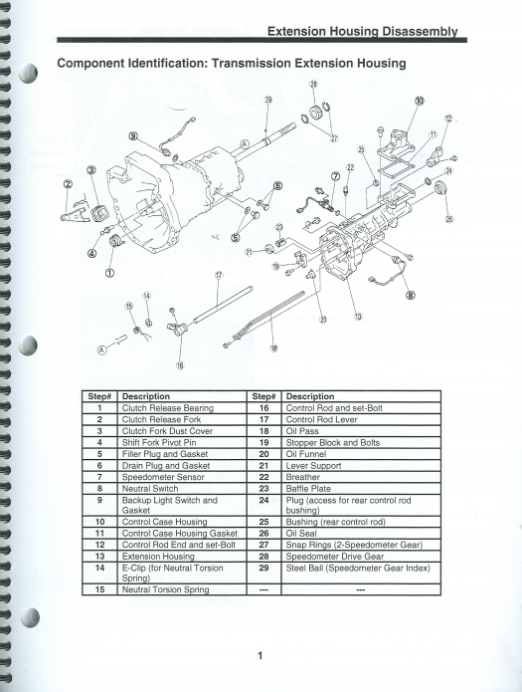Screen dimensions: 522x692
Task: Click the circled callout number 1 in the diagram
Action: pyautogui.click(x=109, y=273)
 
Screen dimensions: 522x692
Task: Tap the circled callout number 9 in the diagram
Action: pyautogui.click(x=133, y=136)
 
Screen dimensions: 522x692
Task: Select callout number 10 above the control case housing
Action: pyautogui.click(x=420, y=101)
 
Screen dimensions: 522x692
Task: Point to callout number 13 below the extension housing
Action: pyautogui.click(x=358, y=317)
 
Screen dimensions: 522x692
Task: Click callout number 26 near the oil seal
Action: pyautogui.click(x=449, y=218)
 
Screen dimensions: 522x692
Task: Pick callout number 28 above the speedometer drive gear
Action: pyautogui.click(x=313, y=85)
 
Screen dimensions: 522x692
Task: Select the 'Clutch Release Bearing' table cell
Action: pyautogui.click(x=167, y=408)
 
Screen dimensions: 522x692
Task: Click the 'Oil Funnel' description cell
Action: pyautogui.click(x=306, y=454)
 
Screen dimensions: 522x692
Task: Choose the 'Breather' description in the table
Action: pyautogui.click(x=302, y=477)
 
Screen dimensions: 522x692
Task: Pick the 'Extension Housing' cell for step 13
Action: pyautogui.click(x=158, y=557)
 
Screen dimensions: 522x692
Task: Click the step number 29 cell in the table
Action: pyautogui.click(x=263, y=568)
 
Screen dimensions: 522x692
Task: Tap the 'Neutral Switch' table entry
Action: pyautogui.click(x=150, y=489)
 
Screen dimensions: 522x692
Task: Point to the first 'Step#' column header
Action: pyautogui.click(x=99, y=396)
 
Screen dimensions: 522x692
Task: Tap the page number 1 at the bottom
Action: pyautogui.click(x=261, y=656)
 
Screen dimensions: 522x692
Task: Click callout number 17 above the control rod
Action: pyautogui.click(x=219, y=275)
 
